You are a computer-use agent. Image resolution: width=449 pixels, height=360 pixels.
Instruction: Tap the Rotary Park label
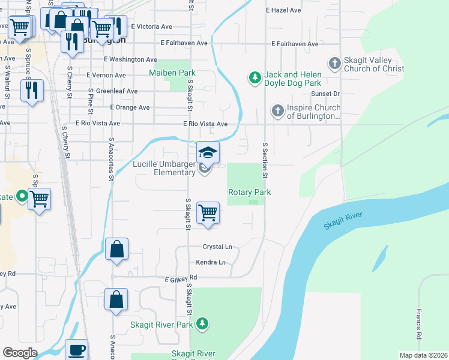click(249, 192)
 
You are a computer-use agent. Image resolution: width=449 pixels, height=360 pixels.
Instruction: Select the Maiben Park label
click(172, 73)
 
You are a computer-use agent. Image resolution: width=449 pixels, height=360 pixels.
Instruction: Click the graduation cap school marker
click(208, 152)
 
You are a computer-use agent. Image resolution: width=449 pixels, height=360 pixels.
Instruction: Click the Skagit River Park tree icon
click(203, 324)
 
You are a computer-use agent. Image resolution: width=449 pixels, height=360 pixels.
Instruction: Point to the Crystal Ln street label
click(217, 247)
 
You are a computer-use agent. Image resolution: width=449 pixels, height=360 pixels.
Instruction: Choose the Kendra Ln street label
click(211, 262)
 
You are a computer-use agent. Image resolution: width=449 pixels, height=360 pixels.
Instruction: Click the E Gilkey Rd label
click(181, 278)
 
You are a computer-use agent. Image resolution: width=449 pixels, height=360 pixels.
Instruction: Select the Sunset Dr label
click(325, 94)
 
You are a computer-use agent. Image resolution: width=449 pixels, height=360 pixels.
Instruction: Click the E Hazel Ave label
click(283, 10)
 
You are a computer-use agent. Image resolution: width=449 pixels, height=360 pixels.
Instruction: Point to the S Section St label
click(264, 160)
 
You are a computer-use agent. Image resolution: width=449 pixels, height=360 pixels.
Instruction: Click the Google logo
click(20, 353)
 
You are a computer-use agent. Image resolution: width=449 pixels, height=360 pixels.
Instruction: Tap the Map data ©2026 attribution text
click(423, 355)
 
